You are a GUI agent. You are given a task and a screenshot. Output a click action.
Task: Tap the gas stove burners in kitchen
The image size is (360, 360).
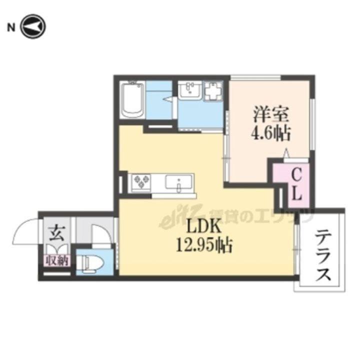[x=140, y=181]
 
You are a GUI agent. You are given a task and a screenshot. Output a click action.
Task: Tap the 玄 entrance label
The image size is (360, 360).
[x=56, y=233]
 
